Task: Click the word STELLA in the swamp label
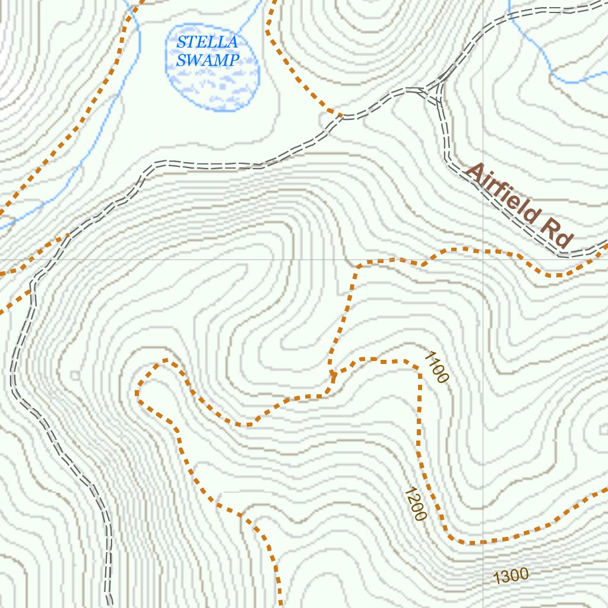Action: (207, 42)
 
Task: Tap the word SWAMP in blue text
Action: (208, 60)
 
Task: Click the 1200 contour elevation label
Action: (414, 504)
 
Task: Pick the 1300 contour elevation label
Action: (511, 575)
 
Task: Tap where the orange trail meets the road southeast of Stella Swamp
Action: (340, 115)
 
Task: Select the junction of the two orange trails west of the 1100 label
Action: (332, 378)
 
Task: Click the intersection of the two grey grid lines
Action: (483, 259)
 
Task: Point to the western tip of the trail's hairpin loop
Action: (138, 393)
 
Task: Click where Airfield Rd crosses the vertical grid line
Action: (483, 192)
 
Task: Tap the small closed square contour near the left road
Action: (75, 375)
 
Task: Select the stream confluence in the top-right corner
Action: (552, 74)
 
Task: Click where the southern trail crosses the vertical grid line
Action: (483, 541)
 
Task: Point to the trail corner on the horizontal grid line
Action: (359, 264)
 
